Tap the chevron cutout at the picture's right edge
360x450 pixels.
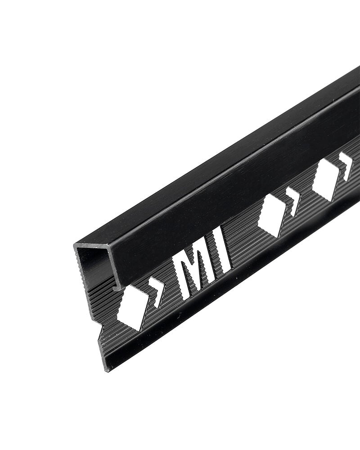346,166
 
